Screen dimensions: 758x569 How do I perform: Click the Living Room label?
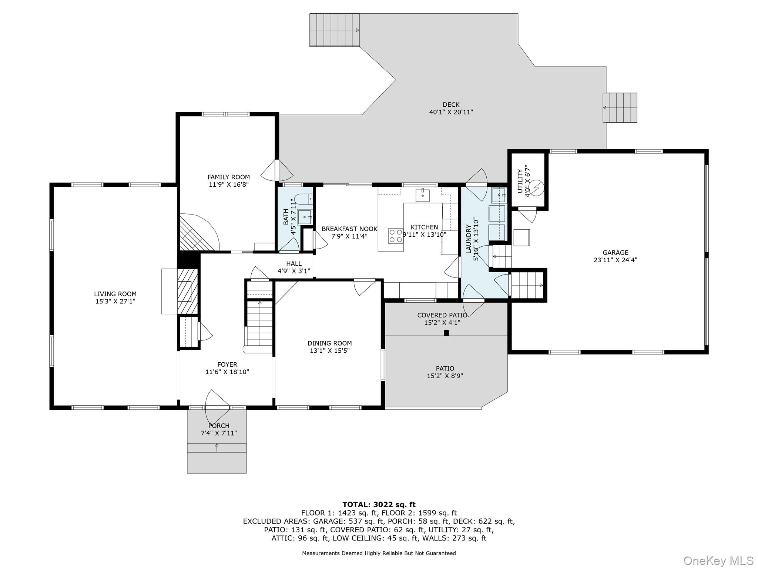[115, 294]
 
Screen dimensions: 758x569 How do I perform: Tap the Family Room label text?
[228, 177]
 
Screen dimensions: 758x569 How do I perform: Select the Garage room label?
[615, 253]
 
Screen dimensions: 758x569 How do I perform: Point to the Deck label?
[451, 105]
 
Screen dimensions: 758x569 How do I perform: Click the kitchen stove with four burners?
[396, 236]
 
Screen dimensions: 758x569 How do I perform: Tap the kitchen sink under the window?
[422, 195]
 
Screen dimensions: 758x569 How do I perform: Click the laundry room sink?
[499, 195]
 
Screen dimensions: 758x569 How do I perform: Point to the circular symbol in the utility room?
[537, 187]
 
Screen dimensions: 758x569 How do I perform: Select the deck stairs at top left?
[335, 30]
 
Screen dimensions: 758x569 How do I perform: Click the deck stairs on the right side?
[620, 107]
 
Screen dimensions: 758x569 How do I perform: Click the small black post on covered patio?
[446, 333]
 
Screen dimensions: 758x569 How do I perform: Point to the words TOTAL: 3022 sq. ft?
[379, 504]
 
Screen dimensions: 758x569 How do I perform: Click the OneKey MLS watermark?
[718, 560]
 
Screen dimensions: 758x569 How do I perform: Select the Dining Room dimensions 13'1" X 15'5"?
[329, 350]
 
